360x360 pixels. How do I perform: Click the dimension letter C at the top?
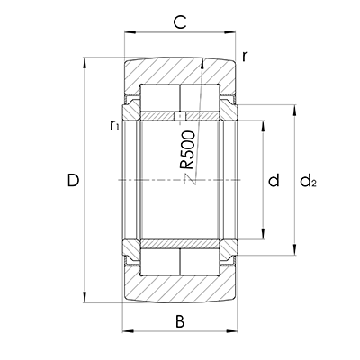(180, 22)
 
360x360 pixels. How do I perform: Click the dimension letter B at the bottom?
(180, 321)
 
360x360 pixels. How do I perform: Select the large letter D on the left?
(73, 181)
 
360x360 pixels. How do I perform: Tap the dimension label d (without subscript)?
(274, 180)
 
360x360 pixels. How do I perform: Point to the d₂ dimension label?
(309, 181)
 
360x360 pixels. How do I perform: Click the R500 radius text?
(188, 150)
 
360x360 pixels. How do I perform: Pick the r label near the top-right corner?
(245, 57)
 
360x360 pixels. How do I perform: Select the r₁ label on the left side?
(114, 125)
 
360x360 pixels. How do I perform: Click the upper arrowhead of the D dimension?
(85, 64)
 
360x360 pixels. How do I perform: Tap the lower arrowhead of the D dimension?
(85, 296)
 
